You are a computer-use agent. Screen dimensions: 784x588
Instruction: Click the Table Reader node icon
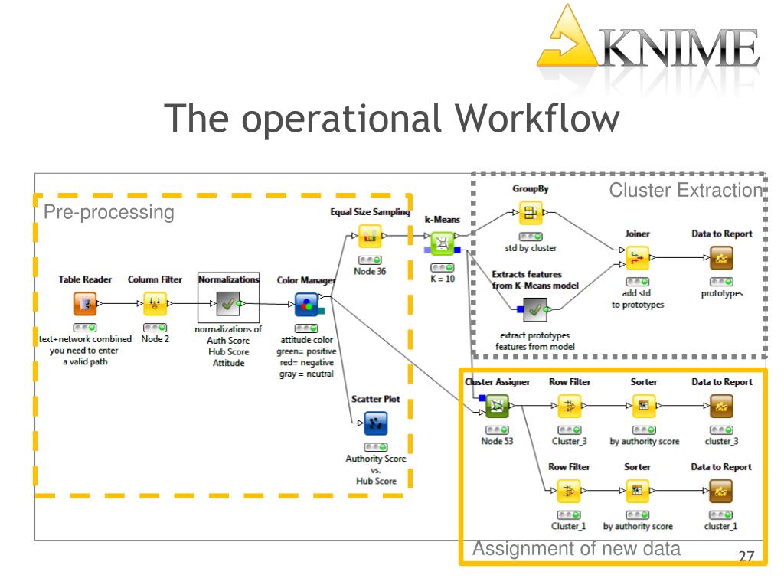click(x=85, y=303)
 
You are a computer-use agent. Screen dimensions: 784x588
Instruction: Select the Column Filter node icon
click(x=155, y=303)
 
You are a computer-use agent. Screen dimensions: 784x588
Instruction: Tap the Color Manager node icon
click(x=307, y=304)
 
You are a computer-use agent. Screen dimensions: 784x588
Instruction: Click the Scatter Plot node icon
click(x=376, y=423)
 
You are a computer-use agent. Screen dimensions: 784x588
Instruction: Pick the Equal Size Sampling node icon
click(x=370, y=236)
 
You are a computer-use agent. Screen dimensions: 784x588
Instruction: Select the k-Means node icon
click(x=442, y=243)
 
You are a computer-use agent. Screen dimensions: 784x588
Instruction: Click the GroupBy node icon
click(x=531, y=213)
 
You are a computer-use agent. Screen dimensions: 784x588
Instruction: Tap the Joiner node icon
click(x=638, y=258)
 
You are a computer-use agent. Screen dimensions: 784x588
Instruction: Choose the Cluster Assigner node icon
click(x=497, y=406)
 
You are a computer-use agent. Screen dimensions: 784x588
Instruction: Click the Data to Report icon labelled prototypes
click(x=721, y=258)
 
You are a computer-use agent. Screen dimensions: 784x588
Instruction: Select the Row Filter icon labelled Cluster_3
click(x=569, y=406)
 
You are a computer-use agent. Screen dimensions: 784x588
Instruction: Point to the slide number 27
click(x=746, y=556)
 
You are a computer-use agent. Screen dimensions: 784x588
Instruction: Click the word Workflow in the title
click(x=537, y=119)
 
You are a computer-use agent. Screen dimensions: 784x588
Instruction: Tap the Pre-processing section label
click(x=109, y=212)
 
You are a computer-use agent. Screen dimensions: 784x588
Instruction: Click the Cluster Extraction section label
click(x=686, y=190)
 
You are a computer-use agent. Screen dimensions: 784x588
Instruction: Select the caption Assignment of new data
click(x=577, y=548)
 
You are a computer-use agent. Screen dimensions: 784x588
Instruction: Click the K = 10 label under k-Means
click(x=443, y=279)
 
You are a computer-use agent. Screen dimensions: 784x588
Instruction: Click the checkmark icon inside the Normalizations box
click(x=228, y=303)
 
